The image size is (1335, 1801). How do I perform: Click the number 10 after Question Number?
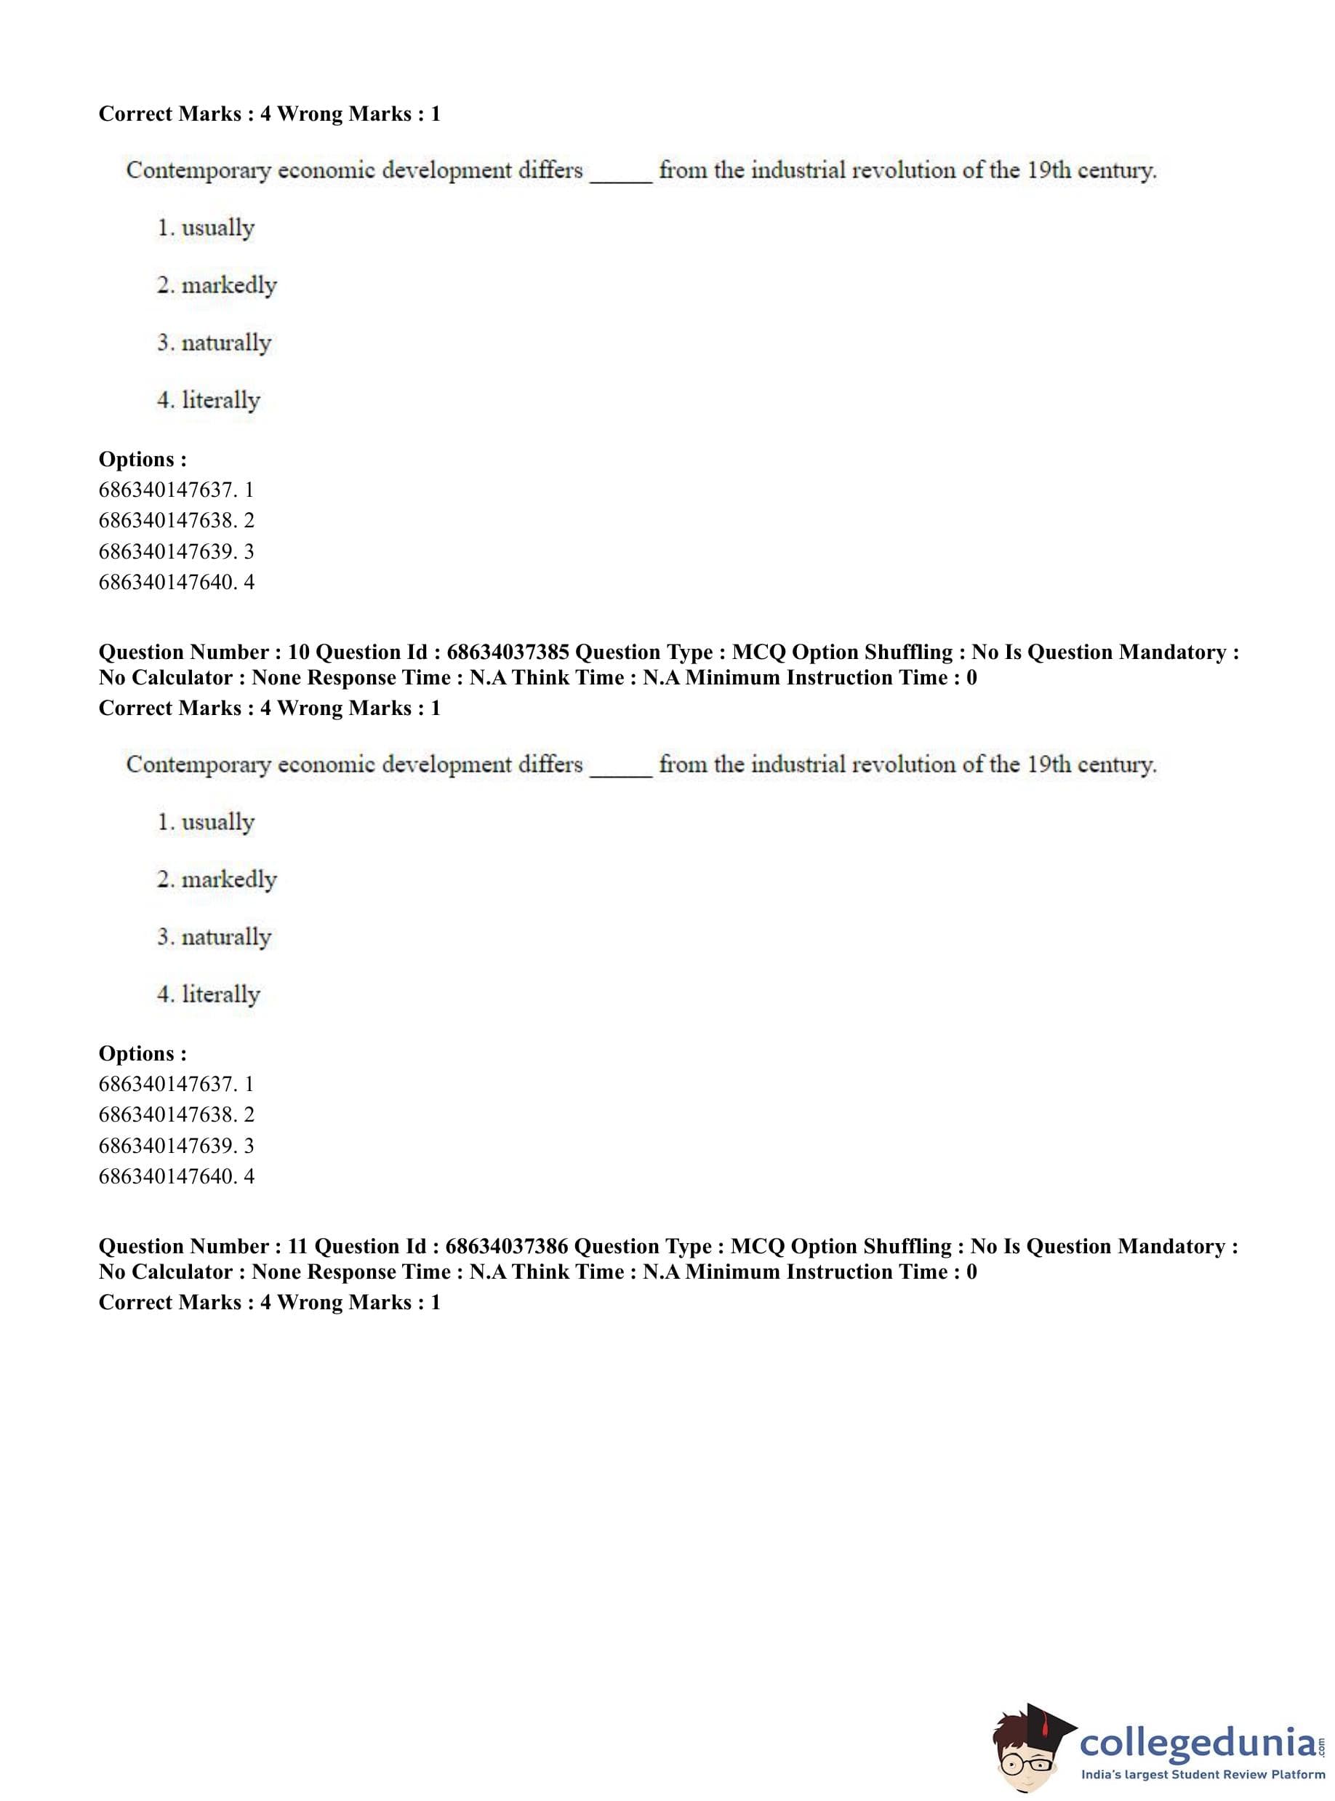tap(298, 652)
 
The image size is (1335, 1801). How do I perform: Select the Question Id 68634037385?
tap(508, 652)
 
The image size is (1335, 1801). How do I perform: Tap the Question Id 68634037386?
tap(507, 1247)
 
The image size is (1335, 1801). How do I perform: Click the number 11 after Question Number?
tap(297, 1247)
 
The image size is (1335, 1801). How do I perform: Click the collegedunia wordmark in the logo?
tap(1198, 1742)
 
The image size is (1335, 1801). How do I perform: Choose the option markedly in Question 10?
tap(229, 879)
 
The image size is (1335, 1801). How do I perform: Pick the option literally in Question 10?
tap(220, 994)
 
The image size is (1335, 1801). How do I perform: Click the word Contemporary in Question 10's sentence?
tap(198, 764)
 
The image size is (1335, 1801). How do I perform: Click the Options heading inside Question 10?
tap(143, 1053)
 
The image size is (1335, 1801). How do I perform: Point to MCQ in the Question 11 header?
tap(755, 1247)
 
